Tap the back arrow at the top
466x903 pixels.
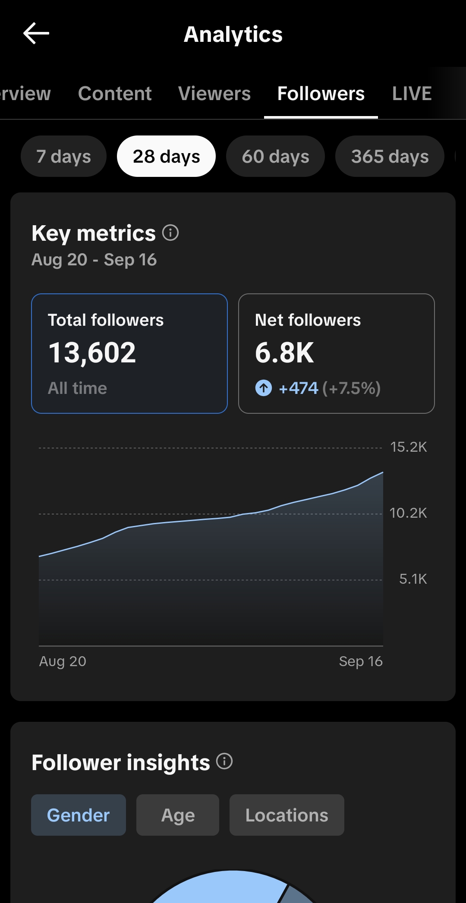[36, 34]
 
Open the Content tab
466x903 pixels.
[115, 94]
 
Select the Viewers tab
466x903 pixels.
[214, 94]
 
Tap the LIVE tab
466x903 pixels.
[412, 94]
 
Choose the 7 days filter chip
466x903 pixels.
[63, 156]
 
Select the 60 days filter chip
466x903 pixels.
[275, 156]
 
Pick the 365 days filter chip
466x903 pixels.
[390, 156]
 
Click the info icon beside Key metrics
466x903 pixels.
[170, 233]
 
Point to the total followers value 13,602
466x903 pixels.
[92, 353]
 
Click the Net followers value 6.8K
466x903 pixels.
[284, 353]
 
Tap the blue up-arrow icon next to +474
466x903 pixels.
[264, 388]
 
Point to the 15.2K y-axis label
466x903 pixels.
[408, 447]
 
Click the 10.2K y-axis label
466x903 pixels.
[408, 513]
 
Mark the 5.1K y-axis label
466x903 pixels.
[413, 579]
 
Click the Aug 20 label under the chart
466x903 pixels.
[63, 661]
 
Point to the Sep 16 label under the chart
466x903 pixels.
[361, 661]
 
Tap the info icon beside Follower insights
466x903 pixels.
[224, 761]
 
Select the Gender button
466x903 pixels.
[79, 815]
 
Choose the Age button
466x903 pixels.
[178, 815]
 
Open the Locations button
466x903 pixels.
[287, 815]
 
